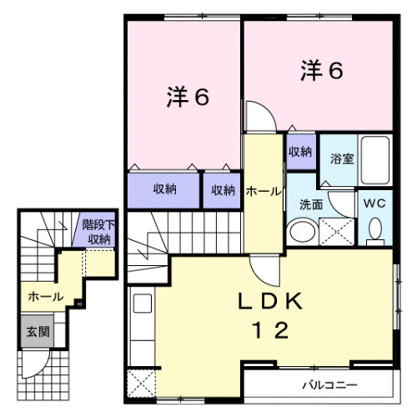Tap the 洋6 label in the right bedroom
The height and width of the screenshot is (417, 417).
pos(321,71)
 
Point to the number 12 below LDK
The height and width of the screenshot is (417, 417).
pos(267,331)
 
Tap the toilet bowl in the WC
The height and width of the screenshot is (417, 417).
pos(374,229)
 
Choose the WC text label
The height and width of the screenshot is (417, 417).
pos(374,201)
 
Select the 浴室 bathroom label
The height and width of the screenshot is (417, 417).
pos(342,158)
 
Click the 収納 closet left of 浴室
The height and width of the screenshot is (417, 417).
pos(300,152)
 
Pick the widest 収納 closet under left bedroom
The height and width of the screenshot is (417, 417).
pos(164,189)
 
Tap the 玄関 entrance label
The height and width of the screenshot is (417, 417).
pos(35,331)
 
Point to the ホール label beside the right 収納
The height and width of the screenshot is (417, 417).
pos(264,192)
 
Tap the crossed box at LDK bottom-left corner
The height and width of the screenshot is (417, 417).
pos(142,385)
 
